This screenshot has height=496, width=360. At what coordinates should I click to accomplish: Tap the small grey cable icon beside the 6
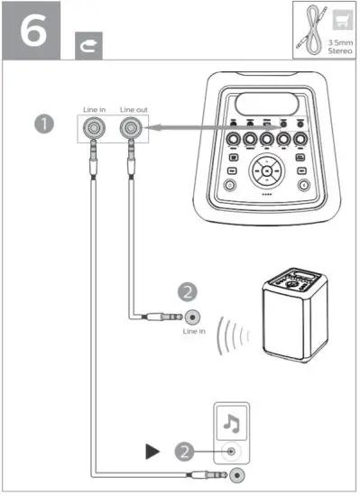coord(90,41)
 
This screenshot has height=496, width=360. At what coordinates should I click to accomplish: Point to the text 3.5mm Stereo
coord(340,44)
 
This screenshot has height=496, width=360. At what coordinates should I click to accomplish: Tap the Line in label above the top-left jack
coord(93,110)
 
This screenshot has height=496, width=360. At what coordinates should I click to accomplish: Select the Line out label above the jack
coord(134,110)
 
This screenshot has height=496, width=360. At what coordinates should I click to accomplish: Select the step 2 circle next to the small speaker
coord(188,291)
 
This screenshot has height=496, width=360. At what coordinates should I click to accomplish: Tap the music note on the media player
coord(231,421)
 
